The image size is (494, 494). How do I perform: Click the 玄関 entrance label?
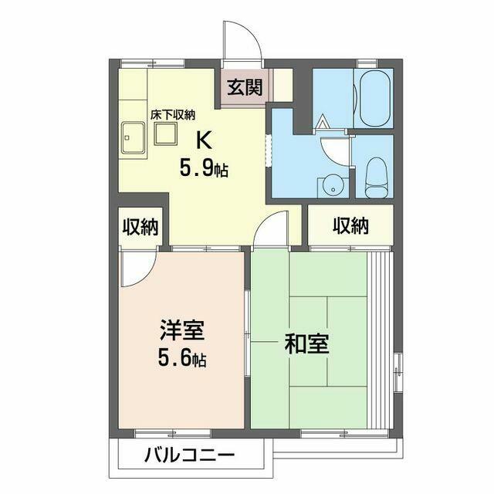[244, 86]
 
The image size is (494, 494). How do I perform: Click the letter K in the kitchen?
[204, 139]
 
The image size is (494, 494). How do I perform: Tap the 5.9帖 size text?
[204, 168]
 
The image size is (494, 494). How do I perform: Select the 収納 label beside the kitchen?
[140, 227]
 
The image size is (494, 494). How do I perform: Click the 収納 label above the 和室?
[350, 226]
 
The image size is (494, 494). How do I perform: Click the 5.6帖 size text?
[182, 358]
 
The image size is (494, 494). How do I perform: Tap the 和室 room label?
[307, 343]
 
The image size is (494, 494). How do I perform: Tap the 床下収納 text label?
[172, 115]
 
